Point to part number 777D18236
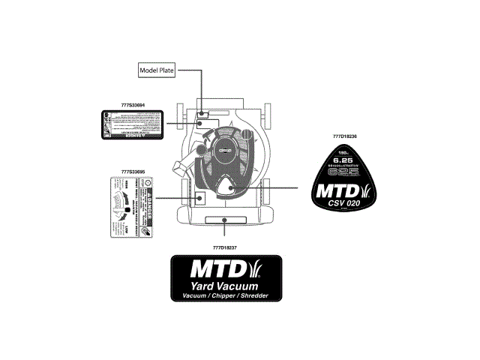(344, 136)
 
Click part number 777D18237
(225, 247)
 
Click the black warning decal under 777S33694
(132, 124)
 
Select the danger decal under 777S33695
(132, 207)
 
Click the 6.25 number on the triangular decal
(343, 160)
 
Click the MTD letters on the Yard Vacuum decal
(214, 269)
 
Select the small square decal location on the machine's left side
(200, 197)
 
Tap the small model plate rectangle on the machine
(202, 115)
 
